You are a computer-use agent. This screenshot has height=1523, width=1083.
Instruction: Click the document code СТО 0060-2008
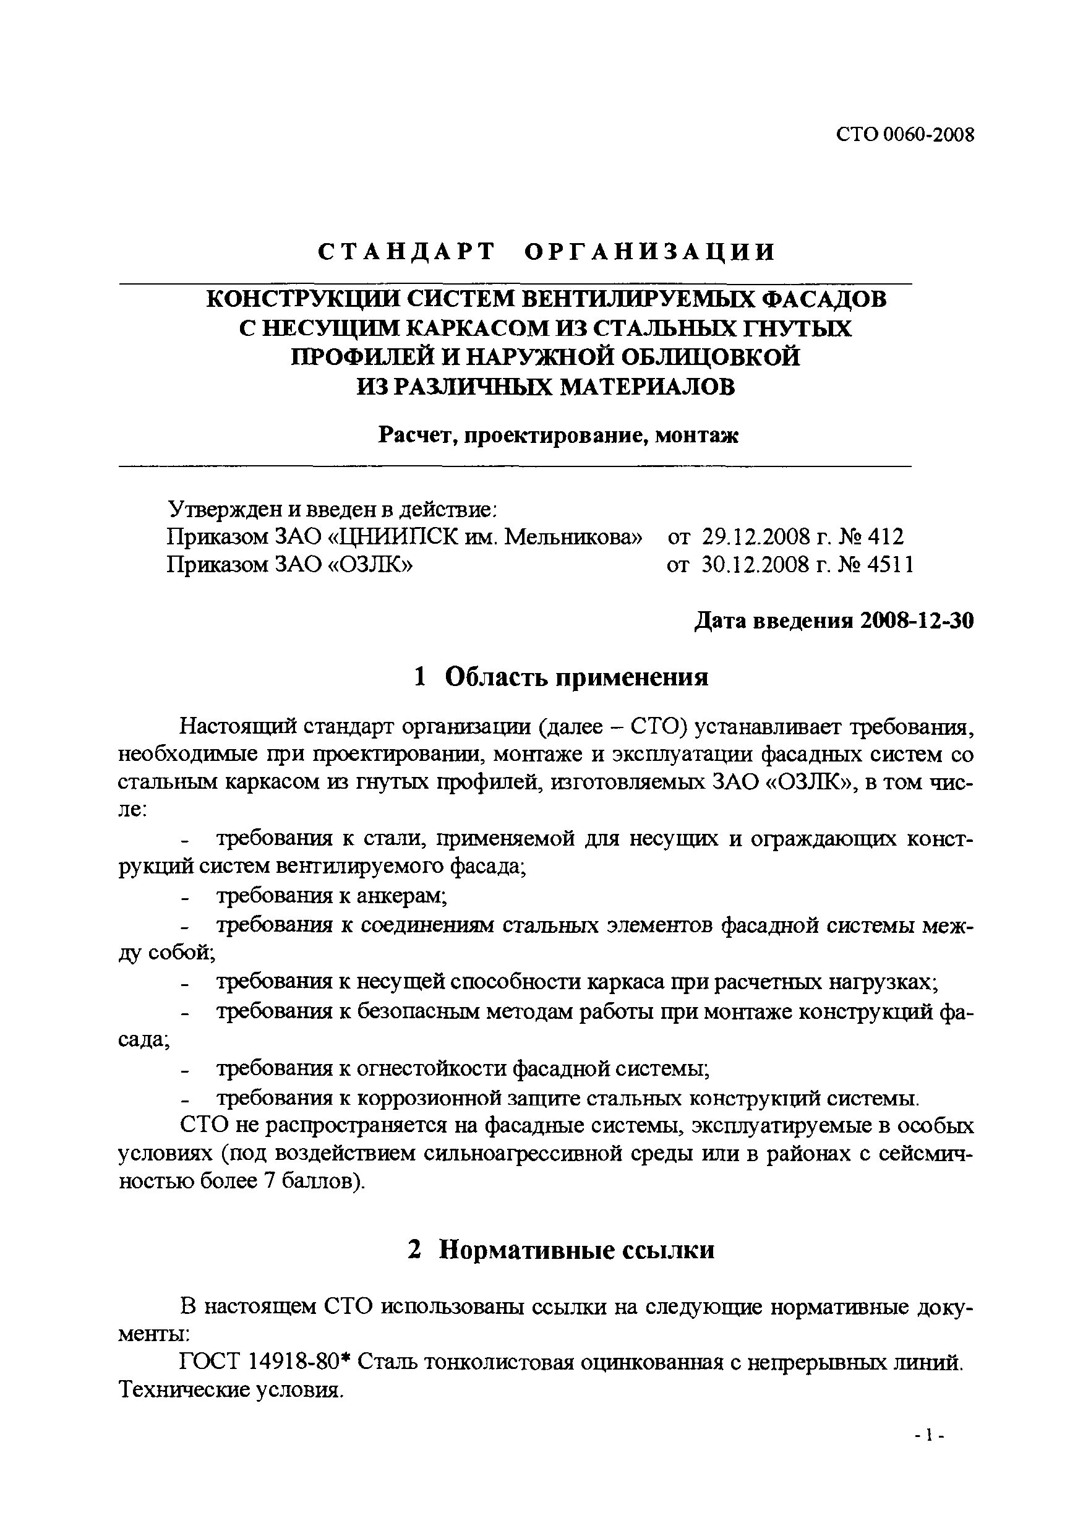904,135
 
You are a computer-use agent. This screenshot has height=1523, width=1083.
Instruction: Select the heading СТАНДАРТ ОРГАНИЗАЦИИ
546,252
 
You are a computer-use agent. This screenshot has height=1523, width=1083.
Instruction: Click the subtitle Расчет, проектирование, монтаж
558,435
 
